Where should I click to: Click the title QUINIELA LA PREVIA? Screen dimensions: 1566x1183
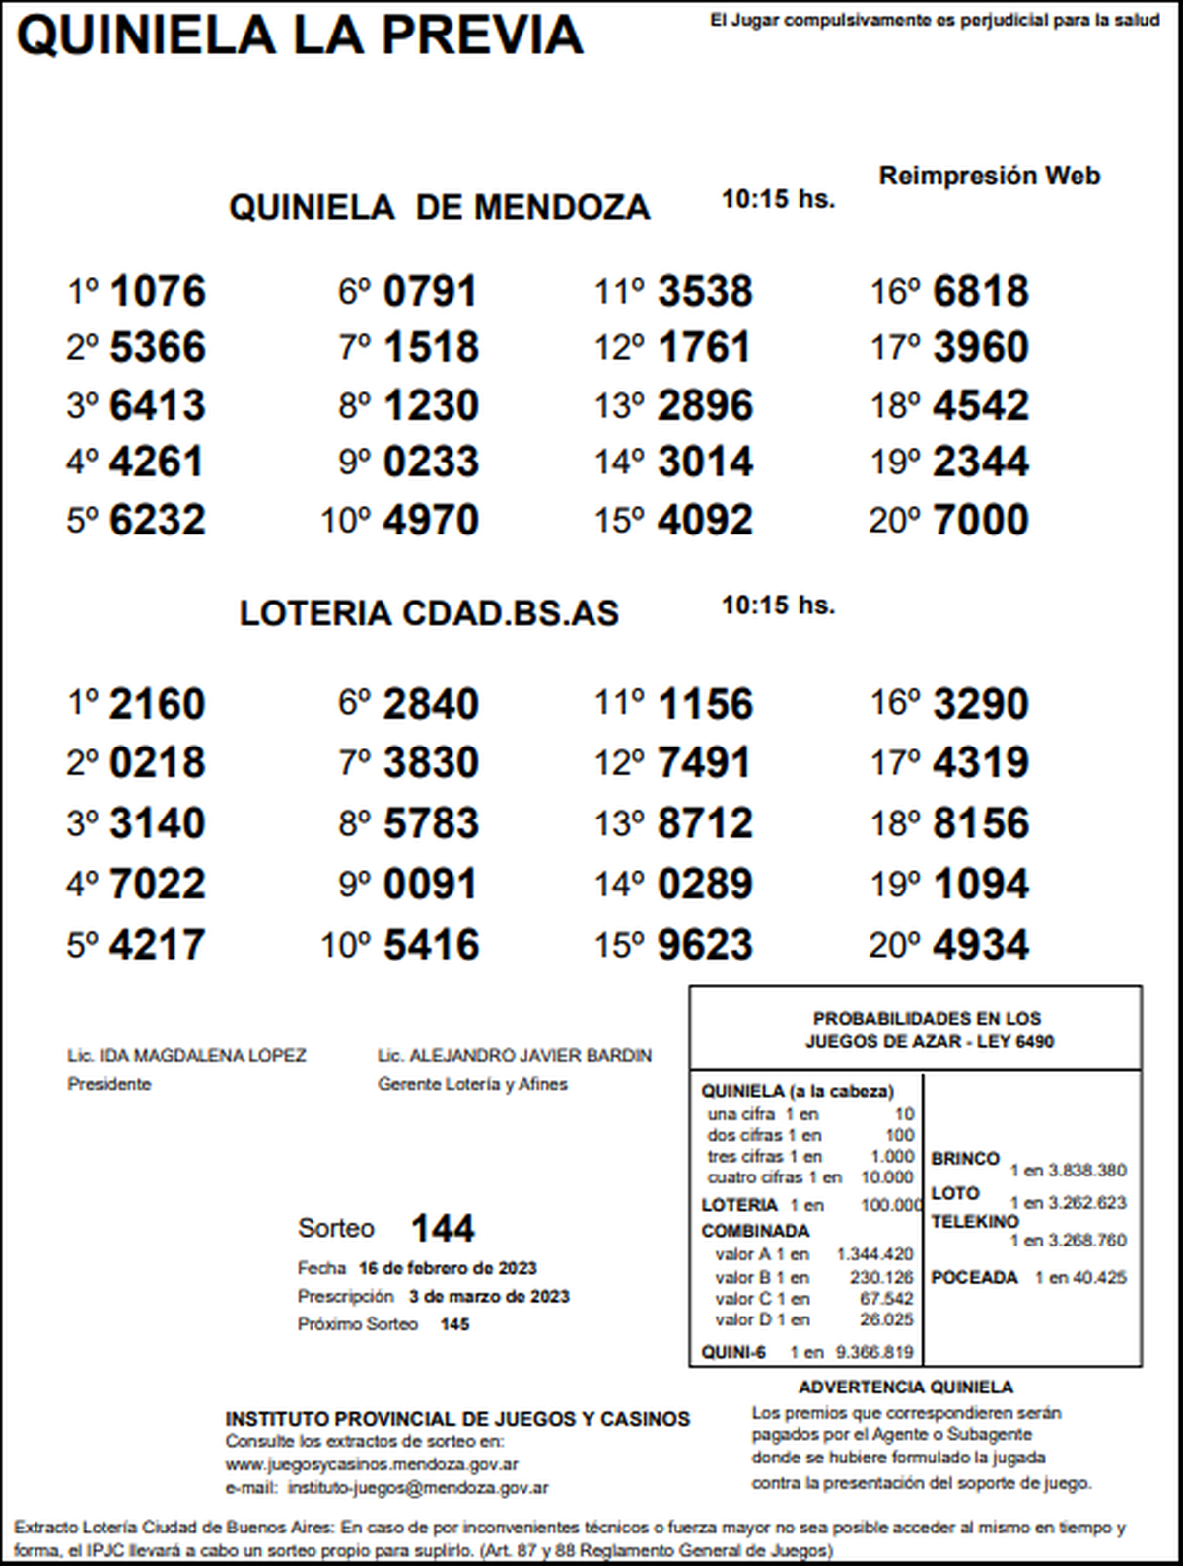[300, 35]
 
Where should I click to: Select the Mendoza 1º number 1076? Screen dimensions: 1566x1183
[158, 291]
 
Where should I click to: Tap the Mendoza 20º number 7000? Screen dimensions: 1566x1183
[980, 520]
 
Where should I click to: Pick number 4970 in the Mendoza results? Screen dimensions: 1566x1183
[431, 520]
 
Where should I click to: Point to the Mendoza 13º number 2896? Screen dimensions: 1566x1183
[705, 405]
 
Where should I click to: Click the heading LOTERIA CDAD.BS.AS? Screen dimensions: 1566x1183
[429, 613]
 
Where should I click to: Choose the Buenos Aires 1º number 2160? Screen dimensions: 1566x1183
[158, 704]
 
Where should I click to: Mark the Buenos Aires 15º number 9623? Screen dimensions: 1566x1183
[705, 945]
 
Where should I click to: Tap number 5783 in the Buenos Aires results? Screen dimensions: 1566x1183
[431, 823]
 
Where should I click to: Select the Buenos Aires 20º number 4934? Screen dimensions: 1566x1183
[980, 945]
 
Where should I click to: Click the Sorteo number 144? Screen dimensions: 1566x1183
[443, 1229]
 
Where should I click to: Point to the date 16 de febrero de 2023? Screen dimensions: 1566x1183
[448, 1268]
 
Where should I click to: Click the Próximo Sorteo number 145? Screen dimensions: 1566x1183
[454, 1324]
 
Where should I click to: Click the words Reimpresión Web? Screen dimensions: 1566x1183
[989, 177]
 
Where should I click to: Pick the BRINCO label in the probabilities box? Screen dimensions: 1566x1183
[965, 1159]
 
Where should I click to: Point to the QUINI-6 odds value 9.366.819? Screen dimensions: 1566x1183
[873, 1353]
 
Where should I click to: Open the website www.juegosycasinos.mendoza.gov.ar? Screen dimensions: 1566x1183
[372, 1465]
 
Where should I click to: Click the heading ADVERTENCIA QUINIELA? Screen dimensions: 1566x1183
[905, 1388]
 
